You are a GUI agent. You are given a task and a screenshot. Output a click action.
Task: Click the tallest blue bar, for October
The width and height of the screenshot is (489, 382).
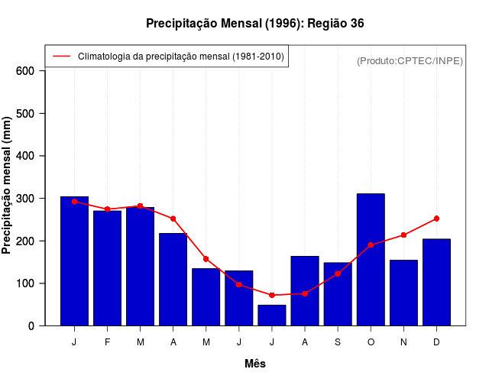(371, 260)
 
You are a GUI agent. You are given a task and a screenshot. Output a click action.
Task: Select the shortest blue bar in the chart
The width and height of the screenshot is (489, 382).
(272, 315)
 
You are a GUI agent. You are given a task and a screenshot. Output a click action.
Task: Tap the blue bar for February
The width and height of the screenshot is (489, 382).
(107, 267)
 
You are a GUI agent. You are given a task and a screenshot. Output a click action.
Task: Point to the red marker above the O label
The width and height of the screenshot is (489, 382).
(371, 245)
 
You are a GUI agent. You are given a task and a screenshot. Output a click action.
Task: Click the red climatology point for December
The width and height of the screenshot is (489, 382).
(436, 219)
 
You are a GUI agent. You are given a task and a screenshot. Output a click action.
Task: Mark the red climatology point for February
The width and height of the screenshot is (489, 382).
(107, 209)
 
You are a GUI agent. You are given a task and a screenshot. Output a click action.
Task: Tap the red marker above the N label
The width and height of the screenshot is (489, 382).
(403, 235)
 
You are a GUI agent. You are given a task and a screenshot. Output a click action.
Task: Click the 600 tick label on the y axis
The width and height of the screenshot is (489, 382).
(25, 71)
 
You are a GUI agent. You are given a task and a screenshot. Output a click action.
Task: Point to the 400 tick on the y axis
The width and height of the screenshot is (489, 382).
(25, 156)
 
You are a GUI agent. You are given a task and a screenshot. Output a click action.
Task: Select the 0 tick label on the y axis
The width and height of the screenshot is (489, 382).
(31, 326)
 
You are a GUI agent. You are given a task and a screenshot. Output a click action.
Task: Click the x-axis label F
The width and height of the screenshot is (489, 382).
(107, 342)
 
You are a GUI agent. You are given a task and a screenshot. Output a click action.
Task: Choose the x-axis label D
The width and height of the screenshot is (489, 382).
(436, 342)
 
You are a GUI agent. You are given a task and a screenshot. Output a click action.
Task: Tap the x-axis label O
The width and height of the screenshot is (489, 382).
(371, 342)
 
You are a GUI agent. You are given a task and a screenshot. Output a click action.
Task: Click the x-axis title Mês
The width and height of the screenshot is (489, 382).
(255, 364)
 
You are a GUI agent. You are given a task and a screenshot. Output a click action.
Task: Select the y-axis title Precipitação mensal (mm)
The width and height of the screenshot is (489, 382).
(8, 185)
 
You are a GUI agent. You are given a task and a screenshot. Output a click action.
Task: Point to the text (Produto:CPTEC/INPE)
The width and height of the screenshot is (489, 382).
(410, 60)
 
